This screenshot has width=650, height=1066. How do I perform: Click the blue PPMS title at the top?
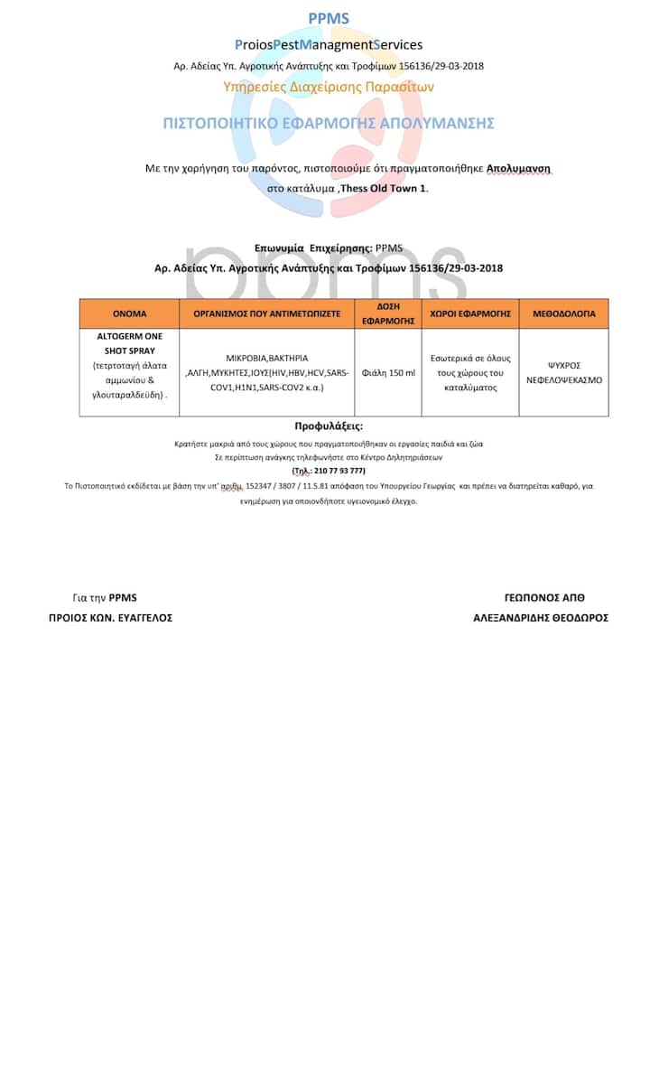tap(329, 19)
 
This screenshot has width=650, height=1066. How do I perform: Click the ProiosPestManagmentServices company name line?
tap(329, 44)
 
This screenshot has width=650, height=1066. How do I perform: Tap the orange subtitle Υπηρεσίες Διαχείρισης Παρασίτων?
tap(329, 88)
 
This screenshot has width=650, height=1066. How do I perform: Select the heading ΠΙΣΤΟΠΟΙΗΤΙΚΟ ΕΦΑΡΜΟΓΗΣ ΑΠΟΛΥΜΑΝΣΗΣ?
tap(329, 123)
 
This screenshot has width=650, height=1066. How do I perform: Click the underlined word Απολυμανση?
tap(518, 169)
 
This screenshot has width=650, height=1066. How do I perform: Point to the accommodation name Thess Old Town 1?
tap(384, 188)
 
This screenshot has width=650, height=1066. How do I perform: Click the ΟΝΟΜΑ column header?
tap(129, 313)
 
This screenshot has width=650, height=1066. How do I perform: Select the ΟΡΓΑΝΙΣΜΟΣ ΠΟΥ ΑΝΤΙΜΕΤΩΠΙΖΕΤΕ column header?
tap(267, 313)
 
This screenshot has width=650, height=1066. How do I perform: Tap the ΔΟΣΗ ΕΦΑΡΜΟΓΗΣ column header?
tap(388, 313)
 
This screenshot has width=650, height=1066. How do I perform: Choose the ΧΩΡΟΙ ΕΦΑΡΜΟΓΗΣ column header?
tap(470, 313)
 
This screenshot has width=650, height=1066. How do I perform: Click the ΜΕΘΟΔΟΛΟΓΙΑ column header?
tap(563, 313)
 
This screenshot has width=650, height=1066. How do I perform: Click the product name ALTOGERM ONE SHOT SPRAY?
tap(129, 343)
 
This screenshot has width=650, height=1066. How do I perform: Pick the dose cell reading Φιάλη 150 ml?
tap(388, 372)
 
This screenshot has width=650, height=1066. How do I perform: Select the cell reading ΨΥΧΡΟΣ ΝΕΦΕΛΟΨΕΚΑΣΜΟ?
tap(563, 372)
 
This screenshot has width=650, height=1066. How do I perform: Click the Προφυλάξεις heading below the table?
tap(329, 425)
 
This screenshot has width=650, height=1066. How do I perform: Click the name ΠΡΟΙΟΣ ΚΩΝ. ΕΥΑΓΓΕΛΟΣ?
tap(110, 618)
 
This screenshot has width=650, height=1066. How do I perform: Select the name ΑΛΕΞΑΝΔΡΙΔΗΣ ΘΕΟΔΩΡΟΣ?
tap(541, 618)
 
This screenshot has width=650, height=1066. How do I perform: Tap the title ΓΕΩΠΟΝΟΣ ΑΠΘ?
tap(544, 598)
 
